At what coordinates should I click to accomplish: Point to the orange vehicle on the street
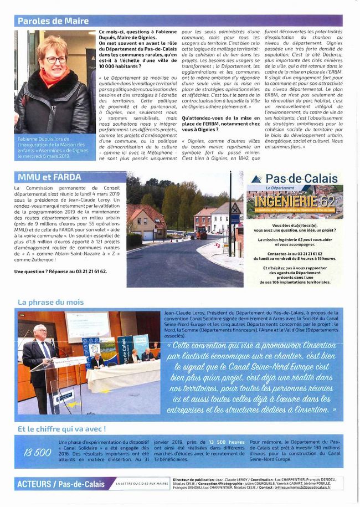coord(203,235)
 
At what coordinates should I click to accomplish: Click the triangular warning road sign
coord(235,209)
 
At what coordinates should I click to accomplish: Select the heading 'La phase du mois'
coord(51,302)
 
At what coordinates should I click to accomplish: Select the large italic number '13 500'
coord(37,453)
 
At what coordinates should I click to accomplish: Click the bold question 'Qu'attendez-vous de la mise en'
coord(220,119)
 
